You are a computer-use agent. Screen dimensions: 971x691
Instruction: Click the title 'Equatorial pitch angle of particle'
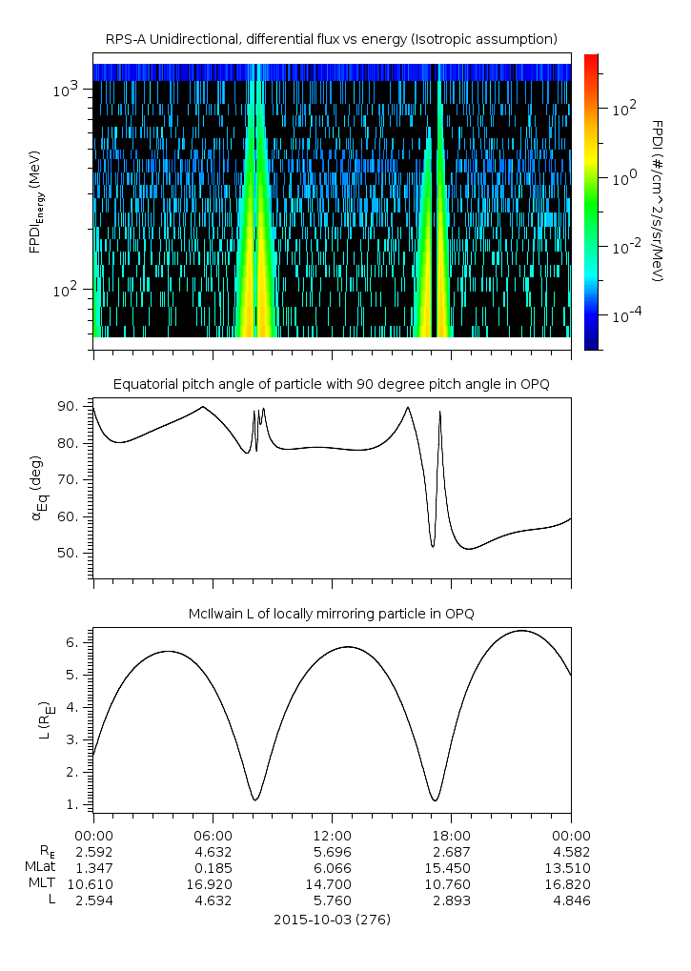331,384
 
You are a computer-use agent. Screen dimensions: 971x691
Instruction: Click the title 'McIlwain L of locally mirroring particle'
331,614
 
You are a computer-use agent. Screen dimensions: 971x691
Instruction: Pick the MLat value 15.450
451,867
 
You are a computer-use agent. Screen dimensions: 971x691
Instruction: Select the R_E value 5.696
332,851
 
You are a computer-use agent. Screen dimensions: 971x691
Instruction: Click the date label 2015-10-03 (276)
332,920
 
